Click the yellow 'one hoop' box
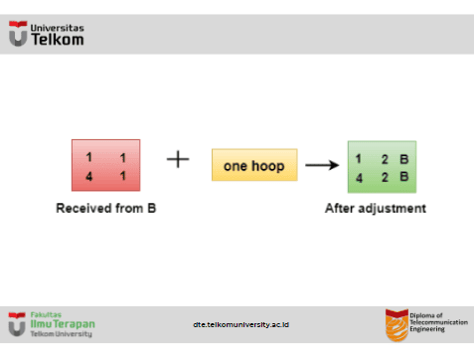tap(254, 165)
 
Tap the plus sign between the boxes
tap(178, 159)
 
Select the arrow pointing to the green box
tap(322, 165)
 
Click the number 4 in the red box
tap(88, 176)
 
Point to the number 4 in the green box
tap(359, 178)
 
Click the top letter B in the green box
tap(403, 159)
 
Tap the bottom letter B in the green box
tap(403, 176)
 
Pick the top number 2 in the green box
tap(385, 159)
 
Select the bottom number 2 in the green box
tap(385, 177)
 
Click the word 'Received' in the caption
tap(83, 208)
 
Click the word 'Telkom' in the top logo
tap(58, 40)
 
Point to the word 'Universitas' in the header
tap(57, 28)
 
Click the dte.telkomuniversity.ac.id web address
tap(240, 324)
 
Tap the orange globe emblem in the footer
tap(396, 325)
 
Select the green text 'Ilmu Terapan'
tap(63, 324)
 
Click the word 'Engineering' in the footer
tap(427, 329)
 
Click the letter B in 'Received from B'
tap(151, 208)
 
